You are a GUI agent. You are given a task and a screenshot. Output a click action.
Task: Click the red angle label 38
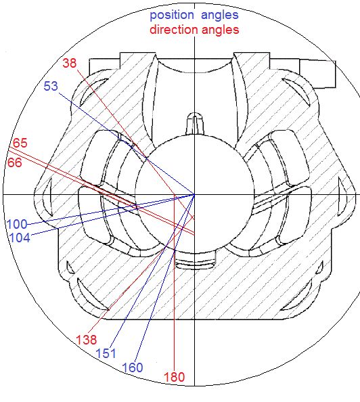pyautogui.click(x=70, y=63)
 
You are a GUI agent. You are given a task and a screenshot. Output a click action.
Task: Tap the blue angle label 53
pyautogui.click(x=51, y=86)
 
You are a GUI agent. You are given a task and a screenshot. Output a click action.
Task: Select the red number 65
pyautogui.click(x=20, y=143)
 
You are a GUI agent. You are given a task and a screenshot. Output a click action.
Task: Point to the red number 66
pyautogui.click(x=15, y=162)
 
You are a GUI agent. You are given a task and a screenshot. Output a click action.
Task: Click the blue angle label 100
pyautogui.click(x=17, y=224)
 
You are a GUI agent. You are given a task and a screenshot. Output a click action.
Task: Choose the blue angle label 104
pyautogui.click(x=20, y=238)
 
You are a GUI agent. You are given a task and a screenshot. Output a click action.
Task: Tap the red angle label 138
pyautogui.click(x=87, y=340)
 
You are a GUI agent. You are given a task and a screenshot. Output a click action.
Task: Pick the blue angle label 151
pyautogui.click(x=106, y=353)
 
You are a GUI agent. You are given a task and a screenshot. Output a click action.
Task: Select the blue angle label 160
pyautogui.click(x=133, y=367)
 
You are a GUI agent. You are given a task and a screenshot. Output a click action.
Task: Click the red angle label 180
pyautogui.click(x=175, y=377)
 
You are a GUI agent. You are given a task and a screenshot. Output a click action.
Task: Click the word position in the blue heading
pyautogui.click(x=172, y=16)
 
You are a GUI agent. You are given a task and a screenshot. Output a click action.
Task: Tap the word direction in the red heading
pyautogui.click(x=174, y=30)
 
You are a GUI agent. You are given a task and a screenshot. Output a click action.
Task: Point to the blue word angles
pyautogui.click(x=220, y=16)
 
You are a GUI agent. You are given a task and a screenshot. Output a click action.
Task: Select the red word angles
pyautogui.click(x=220, y=30)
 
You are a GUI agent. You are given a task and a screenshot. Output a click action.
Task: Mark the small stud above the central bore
pyautogui.click(x=194, y=123)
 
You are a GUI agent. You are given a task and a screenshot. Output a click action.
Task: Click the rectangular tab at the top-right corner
pyautogui.click(x=317, y=74)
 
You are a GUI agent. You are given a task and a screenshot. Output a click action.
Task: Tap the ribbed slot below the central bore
pyautogui.click(x=196, y=261)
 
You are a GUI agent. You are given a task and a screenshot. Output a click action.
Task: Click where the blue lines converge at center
pyautogui.click(x=194, y=195)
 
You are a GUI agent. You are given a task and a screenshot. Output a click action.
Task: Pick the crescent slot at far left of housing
pyautogui.click(x=47, y=197)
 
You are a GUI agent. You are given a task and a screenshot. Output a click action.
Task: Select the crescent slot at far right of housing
pyautogui.click(x=342, y=197)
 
